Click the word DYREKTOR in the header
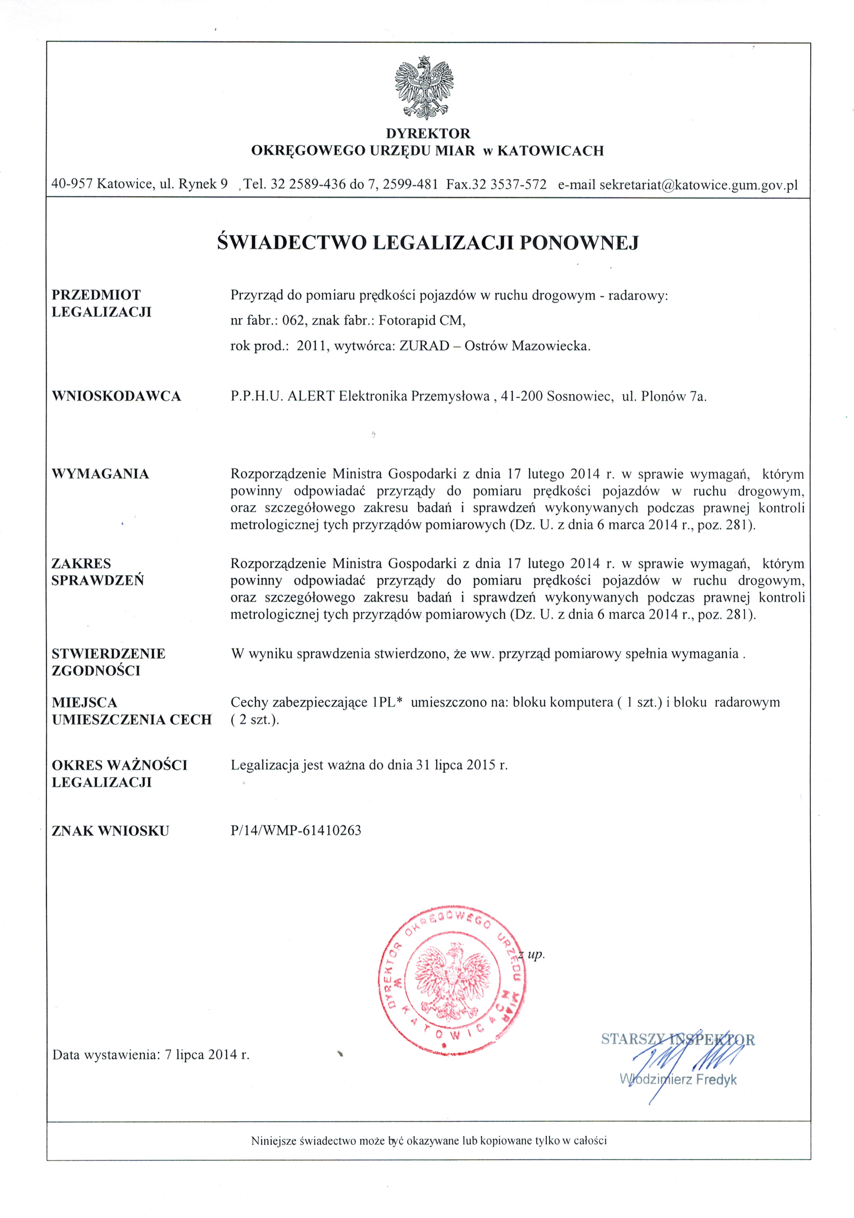pyautogui.click(x=428, y=133)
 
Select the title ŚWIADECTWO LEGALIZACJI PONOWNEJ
pyautogui.click(x=428, y=243)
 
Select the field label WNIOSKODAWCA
pyautogui.click(x=116, y=396)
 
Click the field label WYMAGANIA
pyautogui.click(x=100, y=474)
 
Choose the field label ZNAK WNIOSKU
pyautogui.click(x=110, y=831)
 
